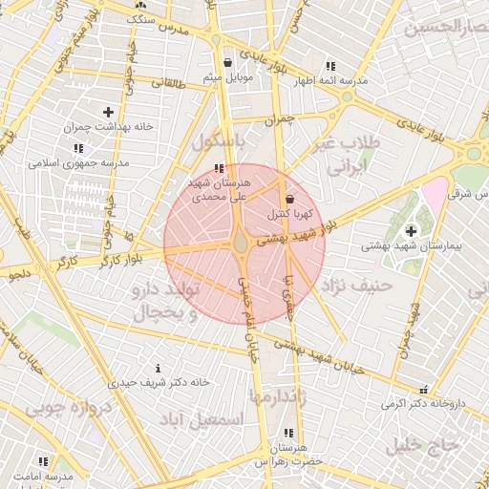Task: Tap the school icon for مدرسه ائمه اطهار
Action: pos(330,66)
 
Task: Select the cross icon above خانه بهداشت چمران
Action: pos(107,113)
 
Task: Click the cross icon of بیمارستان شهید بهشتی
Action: pos(411,231)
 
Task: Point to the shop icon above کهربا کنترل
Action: pos(289,198)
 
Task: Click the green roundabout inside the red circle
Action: pos(241,244)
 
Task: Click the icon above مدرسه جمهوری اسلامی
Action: pos(77,149)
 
